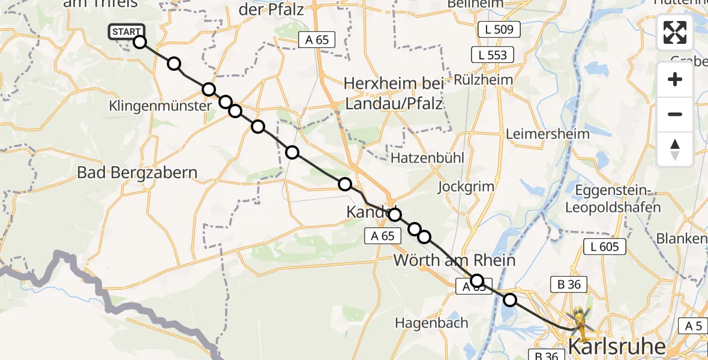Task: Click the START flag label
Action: click(126, 32)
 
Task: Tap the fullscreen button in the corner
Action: click(675, 32)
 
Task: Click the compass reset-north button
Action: click(675, 149)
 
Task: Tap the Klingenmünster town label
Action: click(160, 106)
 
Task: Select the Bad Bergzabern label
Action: click(137, 173)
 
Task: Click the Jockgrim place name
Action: click(466, 186)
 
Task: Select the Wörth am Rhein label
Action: click(454, 260)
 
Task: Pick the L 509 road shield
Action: click(499, 29)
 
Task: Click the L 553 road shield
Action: click(493, 55)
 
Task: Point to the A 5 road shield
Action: click(693, 326)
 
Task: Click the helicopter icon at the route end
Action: click(581, 319)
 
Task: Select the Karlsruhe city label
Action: click(616, 347)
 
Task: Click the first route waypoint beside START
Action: click(139, 42)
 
